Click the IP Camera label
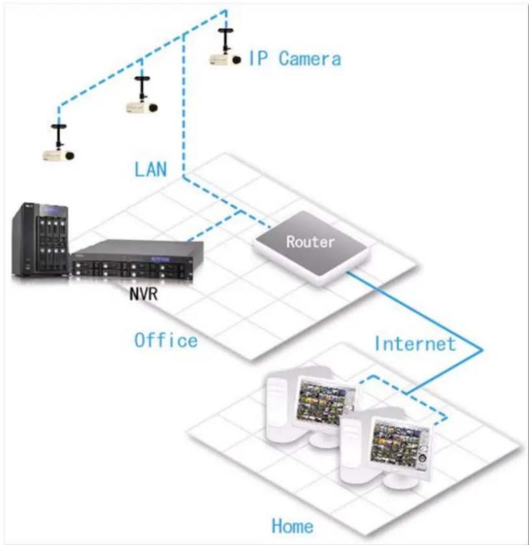(294, 59)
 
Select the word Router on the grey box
(310, 241)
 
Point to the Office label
(166, 340)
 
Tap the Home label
(292, 526)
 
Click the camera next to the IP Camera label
(224, 59)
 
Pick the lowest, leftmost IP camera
(58, 155)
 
